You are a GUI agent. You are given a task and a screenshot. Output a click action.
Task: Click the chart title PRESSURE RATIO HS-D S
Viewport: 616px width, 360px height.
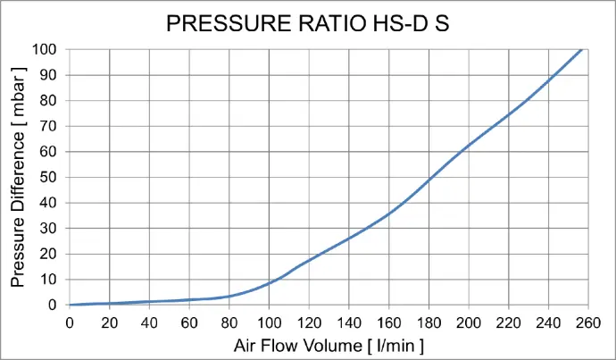pyautogui.click(x=307, y=24)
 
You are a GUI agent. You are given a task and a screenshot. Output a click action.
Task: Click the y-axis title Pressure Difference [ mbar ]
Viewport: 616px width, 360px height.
pyautogui.click(x=19, y=177)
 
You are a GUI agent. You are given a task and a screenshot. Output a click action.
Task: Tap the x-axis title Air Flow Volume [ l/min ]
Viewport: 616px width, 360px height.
pyautogui.click(x=328, y=345)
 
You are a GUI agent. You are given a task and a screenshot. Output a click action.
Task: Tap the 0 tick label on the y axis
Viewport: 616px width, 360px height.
pyautogui.click(x=52, y=305)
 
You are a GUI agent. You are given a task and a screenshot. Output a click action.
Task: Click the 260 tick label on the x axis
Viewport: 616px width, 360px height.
pyautogui.click(x=587, y=322)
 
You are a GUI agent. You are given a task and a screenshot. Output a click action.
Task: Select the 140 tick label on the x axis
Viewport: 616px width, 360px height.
pyautogui.click(x=348, y=322)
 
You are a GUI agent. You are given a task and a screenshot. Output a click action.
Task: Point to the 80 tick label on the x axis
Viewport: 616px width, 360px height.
pyautogui.click(x=229, y=322)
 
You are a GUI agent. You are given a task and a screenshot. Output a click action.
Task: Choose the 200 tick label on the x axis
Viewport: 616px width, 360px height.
pyautogui.click(x=468, y=322)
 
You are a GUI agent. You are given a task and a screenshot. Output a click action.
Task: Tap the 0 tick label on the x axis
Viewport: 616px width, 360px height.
pyautogui.click(x=70, y=322)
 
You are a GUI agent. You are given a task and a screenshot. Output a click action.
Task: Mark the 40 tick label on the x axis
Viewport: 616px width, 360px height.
pyautogui.click(x=149, y=322)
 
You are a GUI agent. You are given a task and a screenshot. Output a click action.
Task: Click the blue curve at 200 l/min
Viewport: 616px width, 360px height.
pyautogui.click(x=468, y=145)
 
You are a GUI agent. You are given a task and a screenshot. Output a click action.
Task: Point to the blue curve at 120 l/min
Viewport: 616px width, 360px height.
pyautogui.click(x=309, y=260)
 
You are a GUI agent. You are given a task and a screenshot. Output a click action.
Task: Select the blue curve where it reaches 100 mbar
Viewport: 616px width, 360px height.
pyautogui.click(x=583, y=49)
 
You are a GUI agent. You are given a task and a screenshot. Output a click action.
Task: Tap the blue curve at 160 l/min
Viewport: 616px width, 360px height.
pyautogui.click(x=388, y=214)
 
